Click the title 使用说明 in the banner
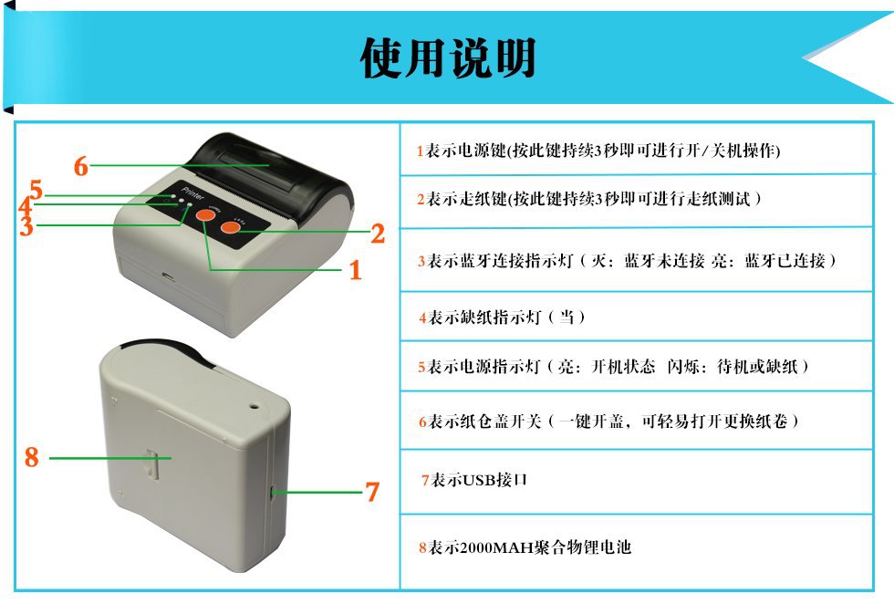(448, 57)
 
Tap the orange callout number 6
(81, 166)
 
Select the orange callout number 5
(36, 190)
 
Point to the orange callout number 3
(26, 226)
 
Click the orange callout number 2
(378, 234)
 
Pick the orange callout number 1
(356, 270)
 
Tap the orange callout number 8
(32, 457)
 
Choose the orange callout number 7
(372, 491)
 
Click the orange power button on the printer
(206, 215)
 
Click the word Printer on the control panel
(192, 193)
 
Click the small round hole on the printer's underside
(253, 407)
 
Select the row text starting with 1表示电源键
(598, 151)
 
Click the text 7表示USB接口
(473, 480)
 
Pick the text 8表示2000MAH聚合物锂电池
(525, 547)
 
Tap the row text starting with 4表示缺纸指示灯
(502, 318)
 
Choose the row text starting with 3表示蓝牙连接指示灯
(627, 261)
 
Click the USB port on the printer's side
(273, 492)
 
